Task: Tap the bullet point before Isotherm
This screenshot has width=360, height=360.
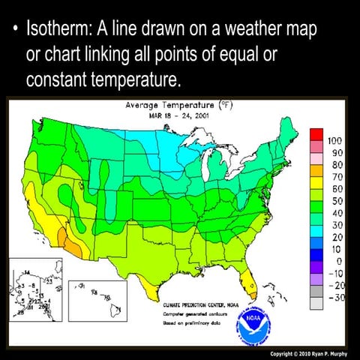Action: point(13,31)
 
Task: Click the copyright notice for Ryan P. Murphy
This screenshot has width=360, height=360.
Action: point(307,352)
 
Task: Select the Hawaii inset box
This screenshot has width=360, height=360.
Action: point(97,297)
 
